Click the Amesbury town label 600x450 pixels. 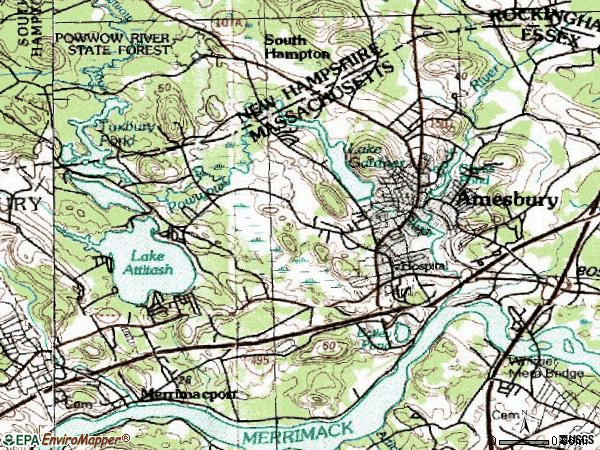(x=506, y=200)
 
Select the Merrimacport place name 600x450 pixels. (x=189, y=394)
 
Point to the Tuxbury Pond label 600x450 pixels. (x=120, y=133)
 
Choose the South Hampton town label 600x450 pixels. (x=297, y=46)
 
